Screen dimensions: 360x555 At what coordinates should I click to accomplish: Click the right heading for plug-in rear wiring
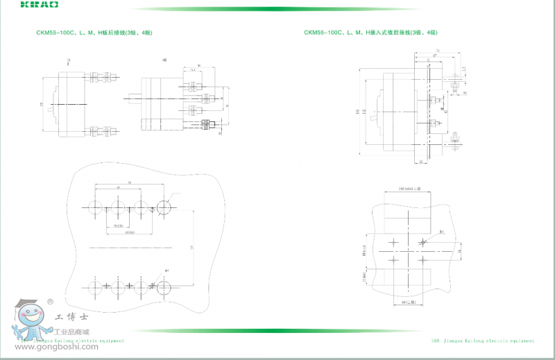click(x=370, y=33)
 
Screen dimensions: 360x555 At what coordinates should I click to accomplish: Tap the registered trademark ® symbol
click(x=49, y=302)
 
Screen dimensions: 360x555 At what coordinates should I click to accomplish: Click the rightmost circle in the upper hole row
click(x=166, y=207)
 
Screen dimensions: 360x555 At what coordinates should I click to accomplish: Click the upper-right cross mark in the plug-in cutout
click(x=423, y=242)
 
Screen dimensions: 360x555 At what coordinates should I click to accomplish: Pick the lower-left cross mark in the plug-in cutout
click(x=394, y=260)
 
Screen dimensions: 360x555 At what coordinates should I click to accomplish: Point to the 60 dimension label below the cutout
click(x=409, y=302)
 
